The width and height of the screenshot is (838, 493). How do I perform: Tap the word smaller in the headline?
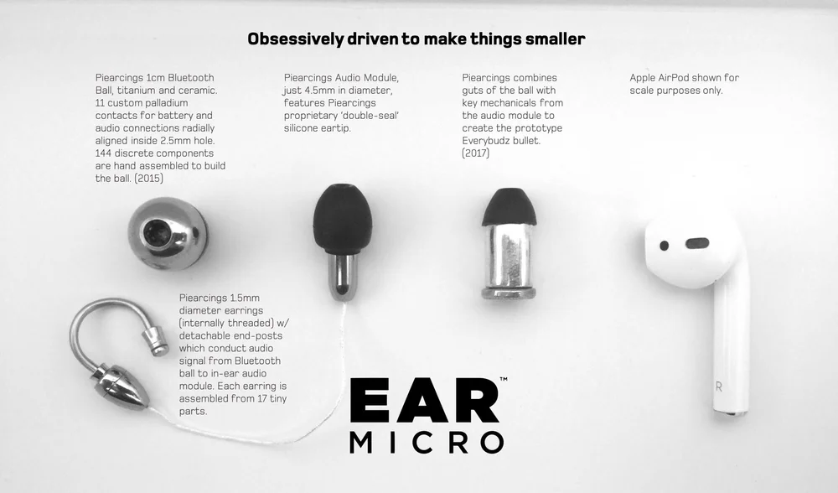[554, 39]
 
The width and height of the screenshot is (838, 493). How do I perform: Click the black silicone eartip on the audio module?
[342, 219]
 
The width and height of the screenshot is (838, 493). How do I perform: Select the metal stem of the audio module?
[342, 276]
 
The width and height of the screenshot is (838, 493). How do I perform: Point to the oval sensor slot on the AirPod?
[696, 244]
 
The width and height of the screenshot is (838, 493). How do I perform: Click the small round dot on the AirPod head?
[665, 246]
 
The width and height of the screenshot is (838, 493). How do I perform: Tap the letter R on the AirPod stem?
[719, 387]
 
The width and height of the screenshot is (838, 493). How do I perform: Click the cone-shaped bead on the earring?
[121, 386]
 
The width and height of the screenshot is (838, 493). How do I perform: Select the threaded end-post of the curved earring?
[154, 340]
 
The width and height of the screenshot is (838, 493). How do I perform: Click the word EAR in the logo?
[423, 401]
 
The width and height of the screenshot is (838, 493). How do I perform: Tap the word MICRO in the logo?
[427, 442]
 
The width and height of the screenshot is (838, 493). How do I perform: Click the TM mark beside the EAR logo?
[503, 380]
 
